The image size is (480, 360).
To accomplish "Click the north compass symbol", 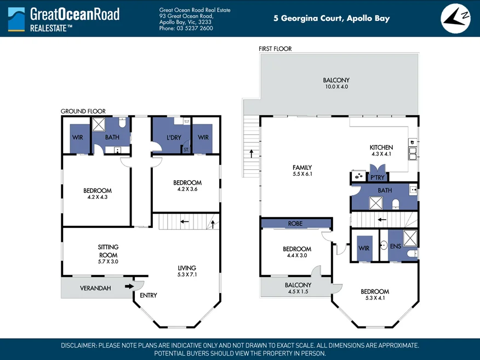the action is (455, 19).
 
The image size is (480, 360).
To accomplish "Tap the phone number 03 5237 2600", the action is (195, 28).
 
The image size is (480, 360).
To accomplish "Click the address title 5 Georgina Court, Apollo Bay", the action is (332, 19).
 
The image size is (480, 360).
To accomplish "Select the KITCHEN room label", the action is (381, 147).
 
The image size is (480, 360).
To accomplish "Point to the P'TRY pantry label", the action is (378, 178).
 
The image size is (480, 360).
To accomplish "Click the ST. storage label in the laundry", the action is (186, 150).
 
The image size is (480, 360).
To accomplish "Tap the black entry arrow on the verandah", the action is (129, 286).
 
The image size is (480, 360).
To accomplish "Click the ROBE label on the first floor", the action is (295, 224).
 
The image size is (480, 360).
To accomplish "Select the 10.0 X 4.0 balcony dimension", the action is (336, 87).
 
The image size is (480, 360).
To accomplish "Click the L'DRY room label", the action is (174, 138).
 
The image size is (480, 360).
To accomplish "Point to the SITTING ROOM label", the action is (108, 251).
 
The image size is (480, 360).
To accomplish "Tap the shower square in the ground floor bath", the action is (99, 124).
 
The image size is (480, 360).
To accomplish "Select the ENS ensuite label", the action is (396, 246).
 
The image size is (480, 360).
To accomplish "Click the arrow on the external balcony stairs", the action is (252, 153).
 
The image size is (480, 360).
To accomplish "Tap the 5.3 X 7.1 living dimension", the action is (187, 275).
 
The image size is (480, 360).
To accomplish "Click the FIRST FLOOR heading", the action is (275, 49).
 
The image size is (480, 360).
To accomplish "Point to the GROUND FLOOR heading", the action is (83, 111).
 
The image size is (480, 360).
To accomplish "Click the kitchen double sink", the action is (413, 153).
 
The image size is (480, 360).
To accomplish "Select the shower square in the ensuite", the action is (410, 238).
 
